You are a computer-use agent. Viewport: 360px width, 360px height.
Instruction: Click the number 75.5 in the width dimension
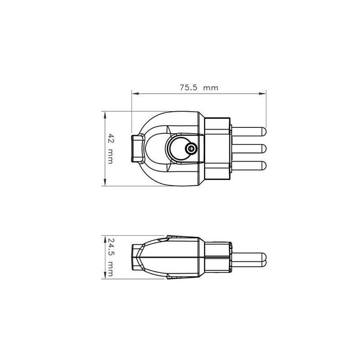[189, 88]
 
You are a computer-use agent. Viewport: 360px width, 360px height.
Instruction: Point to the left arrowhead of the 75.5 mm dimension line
[134, 94]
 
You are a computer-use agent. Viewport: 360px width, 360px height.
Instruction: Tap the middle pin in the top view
[250, 148]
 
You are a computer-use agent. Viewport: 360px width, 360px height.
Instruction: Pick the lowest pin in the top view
[250, 166]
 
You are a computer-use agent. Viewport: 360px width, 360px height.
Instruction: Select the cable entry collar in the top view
[136, 148]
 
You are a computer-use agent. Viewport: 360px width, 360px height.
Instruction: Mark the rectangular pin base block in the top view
[218, 148]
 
